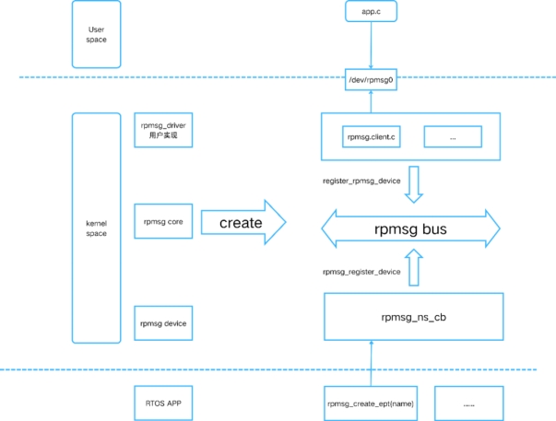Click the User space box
click(96, 34)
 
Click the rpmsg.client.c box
click(370, 136)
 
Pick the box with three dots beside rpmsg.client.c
click(453, 136)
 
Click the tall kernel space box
click(96, 227)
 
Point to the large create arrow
click(242, 223)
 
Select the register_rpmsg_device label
click(361, 181)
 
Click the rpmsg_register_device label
click(361, 272)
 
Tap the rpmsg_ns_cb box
click(412, 316)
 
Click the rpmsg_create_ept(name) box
click(370, 403)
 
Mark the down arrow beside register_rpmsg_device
click(414, 183)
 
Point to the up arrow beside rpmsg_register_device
click(414, 270)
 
